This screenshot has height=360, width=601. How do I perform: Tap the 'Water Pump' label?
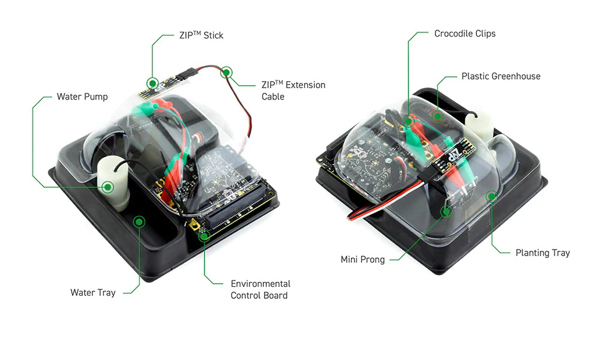point(82,97)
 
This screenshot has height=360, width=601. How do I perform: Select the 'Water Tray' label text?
point(92,293)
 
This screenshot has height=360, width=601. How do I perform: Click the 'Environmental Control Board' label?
point(260,289)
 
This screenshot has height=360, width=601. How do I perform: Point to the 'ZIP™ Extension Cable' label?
point(293,91)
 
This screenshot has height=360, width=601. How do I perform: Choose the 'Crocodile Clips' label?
point(465,34)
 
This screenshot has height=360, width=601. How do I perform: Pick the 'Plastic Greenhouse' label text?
point(501,77)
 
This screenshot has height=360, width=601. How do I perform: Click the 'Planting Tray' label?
point(542,253)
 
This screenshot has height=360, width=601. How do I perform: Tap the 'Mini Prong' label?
point(362,260)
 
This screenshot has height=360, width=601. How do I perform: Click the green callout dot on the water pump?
point(108,187)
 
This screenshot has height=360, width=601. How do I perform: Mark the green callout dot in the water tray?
point(139,222)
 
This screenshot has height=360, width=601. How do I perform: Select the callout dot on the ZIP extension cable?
point(227,73)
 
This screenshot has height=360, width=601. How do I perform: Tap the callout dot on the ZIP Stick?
point(152,83)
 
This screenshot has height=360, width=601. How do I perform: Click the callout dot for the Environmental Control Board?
point(205,235)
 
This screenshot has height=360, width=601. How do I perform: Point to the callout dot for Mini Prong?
point(446,211)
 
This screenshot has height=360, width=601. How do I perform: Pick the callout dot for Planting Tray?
point(492,196)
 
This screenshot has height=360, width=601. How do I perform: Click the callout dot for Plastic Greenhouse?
point(438,116)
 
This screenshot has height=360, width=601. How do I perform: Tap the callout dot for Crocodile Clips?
point(408,122)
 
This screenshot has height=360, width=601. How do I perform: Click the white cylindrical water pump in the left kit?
point(112,180)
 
